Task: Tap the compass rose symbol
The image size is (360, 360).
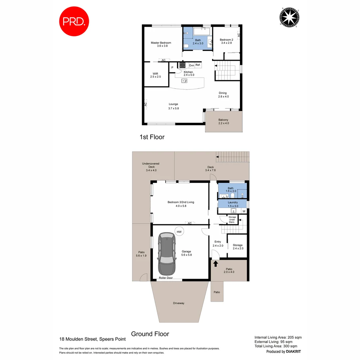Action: [x=289, y=17]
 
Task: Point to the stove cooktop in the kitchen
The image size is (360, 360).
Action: [x=183, y=65]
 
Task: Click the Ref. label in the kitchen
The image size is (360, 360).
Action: [x=198, y=65]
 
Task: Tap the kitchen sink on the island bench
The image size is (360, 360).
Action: [x=184, y=81]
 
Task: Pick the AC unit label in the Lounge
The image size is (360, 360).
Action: [x=146, y=104]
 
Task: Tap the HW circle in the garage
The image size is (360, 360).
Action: [x=179, y=232]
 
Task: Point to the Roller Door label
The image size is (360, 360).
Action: [x=166, y=278]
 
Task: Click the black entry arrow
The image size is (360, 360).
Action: [x=215, y=264]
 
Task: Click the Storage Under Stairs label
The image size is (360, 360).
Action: [x=232, y=219]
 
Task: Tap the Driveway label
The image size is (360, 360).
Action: [x=179, y=303]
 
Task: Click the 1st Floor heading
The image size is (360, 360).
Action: [x=152, y=137]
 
